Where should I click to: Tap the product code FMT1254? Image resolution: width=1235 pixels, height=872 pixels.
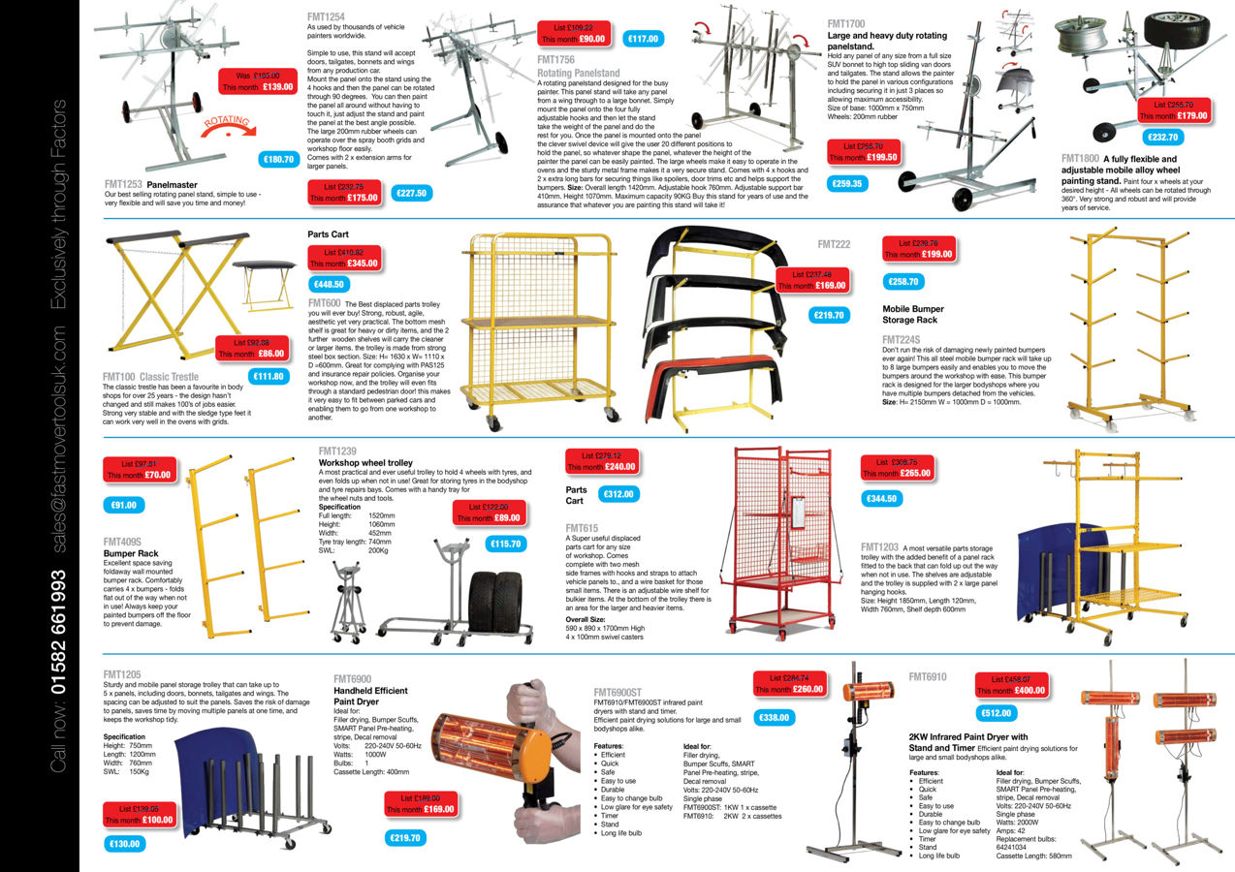pyautogui.click(x=326, y=16)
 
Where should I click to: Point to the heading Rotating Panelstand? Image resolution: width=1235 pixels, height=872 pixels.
pyautogui.click(x=578, y=73)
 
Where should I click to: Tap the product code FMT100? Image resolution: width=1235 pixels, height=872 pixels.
pyautogui.click(x=119, y=377)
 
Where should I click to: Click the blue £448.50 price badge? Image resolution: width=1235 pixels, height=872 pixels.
pyautogui.click(x=330, y=284)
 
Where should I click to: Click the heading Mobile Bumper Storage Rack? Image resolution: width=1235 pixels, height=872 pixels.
pyautogui.click(x=912, y=315)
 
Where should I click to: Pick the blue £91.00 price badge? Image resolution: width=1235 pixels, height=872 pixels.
pyautogui.click(x=123, y=505)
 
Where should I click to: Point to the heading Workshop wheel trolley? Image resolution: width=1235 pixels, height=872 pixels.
pyautogui.click(x=365, y=463)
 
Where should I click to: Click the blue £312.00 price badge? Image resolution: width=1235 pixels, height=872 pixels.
pyautogui.click(x=617, y=494)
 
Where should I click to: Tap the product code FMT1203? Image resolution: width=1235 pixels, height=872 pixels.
pyautogui.click(x=879, y=546)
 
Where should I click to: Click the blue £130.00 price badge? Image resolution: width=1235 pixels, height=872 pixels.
pyautogui.click(x=124, y=844)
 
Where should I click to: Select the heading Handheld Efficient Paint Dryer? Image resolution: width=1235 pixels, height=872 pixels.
pyautogui.click(x=370, y=696)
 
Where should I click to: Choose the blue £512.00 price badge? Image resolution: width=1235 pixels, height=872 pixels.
pyautogui.click(x=996, y=713)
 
